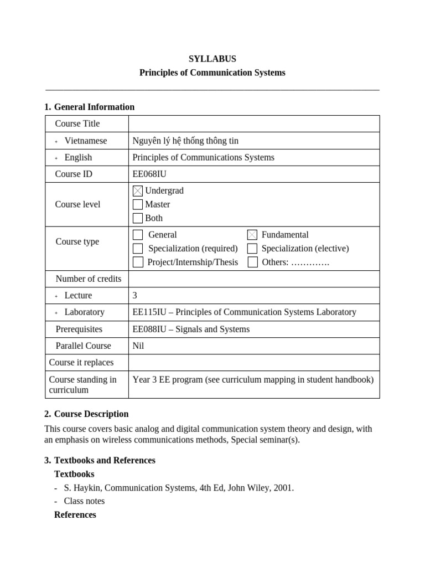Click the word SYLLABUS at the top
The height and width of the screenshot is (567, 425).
coord(212,59)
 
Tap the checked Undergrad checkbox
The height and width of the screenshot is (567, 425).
coord(138,190)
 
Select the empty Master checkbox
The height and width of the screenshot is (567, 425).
coord(138,204)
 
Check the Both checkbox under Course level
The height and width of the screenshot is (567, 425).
coord(138,218)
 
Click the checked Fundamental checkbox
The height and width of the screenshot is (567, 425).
coord(252,235)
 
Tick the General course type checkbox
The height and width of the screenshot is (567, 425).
coord(138,235)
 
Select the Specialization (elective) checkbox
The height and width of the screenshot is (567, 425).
coord(252,249)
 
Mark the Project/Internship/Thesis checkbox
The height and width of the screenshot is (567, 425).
coord(138,262)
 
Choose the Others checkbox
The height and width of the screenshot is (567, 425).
coord(252,262)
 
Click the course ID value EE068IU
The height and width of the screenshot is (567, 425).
coord(149,174)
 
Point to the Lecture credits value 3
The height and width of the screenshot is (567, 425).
coord(135,296)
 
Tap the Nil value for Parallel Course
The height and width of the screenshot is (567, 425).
coord(138,346)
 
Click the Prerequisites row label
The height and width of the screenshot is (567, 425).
coord(79,329)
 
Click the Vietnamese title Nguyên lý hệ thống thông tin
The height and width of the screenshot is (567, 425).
coord(185,141)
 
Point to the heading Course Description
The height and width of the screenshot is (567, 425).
coord(91,414)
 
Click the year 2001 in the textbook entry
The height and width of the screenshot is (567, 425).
coord(282,488)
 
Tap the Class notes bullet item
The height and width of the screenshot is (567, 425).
coord(84,501)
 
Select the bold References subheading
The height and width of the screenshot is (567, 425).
coord(75,515)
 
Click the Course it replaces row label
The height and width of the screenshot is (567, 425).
coord(81,362)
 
